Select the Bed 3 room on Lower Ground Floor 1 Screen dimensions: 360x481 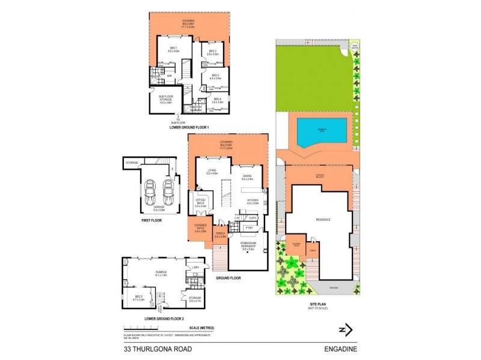point(213,53)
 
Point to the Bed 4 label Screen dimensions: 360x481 point(216,101)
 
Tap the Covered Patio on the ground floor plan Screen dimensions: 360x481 point(200,229)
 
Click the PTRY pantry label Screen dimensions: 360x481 point(248,228)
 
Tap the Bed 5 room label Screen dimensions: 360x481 point(138,298)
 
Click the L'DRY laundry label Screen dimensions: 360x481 point(195,267)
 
